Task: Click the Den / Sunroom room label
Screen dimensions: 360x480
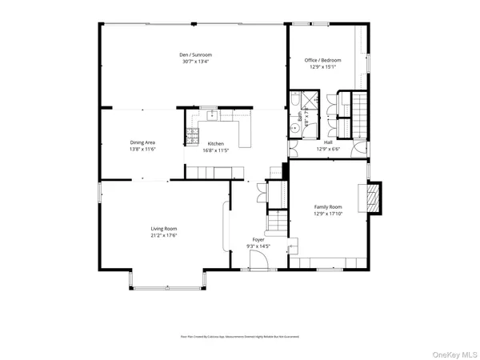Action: pyautogui.click(x=195, y=54)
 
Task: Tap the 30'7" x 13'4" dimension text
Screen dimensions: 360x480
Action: pyautogui.click(x=195, y=62)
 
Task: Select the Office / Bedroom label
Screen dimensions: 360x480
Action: pyautogui.click(x=323, y=60)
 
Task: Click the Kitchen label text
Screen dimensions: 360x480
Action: pyautogui.click(x=216, y=143)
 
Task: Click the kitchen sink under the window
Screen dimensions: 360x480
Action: pyautogui.click(x=212, y=115)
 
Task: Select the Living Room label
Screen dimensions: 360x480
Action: pyautogui.click(x=163, y=229)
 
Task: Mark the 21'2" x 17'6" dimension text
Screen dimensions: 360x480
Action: pyautogui.click(x=163, y=236)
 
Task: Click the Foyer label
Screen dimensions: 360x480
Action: pyautogui.click(x=258, y=239)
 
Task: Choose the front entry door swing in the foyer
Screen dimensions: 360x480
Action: pyautogui.click(x=258, y=263)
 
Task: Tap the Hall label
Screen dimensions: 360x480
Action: pyautogui.click(x=328, y=142)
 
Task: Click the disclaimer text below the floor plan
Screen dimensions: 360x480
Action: pyautogui.click(x=239, y=337)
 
